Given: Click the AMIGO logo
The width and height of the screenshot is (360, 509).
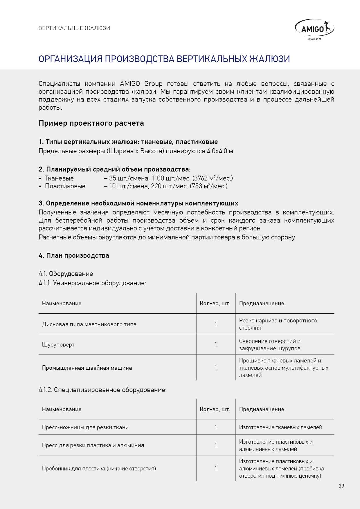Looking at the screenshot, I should (315, 29).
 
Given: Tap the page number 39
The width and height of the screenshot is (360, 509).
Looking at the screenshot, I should (341, 486).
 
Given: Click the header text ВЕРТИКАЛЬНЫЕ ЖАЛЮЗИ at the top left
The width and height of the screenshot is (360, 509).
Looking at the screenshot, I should (74, 28).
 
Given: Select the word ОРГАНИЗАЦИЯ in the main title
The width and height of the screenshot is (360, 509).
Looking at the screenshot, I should (70, 59).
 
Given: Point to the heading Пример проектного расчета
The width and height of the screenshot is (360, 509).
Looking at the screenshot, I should (91, 123).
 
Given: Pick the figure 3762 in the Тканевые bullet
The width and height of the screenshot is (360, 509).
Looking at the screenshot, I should (201, 178).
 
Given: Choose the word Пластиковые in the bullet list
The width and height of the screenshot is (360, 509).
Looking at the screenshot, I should (65, 186).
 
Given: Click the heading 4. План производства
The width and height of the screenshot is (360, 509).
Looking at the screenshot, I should (74, 256).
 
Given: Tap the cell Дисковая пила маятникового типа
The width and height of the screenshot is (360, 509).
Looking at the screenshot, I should (89, 324).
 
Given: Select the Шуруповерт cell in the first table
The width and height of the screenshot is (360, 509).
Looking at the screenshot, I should (58, 345).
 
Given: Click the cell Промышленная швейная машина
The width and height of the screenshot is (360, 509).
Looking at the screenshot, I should (87, 368).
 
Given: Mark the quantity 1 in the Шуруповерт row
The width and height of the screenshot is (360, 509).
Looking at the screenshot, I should (216, 345).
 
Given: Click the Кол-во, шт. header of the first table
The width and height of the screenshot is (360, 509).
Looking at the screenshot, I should (215, 304).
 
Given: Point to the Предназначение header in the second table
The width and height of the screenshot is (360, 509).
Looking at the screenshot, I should (262, 409).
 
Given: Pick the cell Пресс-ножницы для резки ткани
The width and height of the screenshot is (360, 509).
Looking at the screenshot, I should (85, 427).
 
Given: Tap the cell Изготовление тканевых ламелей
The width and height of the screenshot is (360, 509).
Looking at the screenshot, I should (280, 427).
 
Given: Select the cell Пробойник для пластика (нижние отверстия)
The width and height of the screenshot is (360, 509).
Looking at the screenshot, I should (99, 469).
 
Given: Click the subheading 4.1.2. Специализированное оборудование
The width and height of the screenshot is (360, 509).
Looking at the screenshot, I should (102, 390).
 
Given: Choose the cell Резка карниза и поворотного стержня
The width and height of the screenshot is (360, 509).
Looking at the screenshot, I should (278, 324).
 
